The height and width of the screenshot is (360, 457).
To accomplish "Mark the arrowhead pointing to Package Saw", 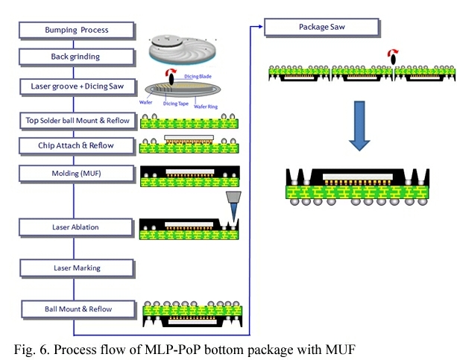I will (261, 28).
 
